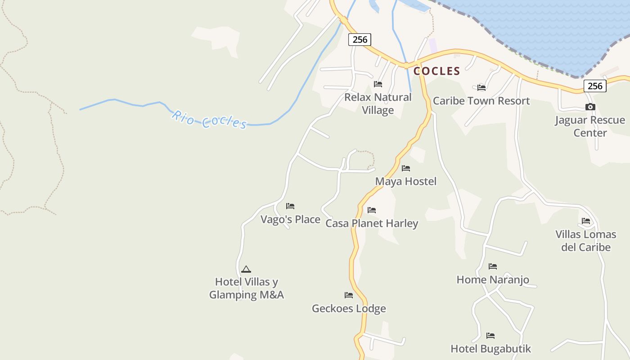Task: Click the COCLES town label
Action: (x=436, y=71)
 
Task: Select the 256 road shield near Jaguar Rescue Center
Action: (x=595, y=86)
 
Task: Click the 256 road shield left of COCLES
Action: (x=360, y=40)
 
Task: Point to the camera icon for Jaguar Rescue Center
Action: (x=590, y=107)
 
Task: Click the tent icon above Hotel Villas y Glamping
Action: (x=246, y=269)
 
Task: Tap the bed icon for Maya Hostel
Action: (x=406, y=168)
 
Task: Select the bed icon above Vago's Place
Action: (x=290, y=206)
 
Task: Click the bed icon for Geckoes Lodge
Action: (x=349, y=295)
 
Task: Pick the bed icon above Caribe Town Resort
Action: (x=481, y=87)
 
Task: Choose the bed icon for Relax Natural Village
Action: (x=378, y=84)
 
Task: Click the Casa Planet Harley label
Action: (x=372, y=223)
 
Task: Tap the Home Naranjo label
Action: (x=493, y=279)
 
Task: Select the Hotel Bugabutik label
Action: (x=490, y=349)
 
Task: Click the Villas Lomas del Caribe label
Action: (x=585, y=241)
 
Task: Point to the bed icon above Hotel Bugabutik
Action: (x=490, y=336)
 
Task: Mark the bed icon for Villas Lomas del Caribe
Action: (x=586, y=221)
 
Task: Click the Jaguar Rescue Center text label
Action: (x=589, y=126)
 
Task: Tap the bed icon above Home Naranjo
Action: (x=493, y=266)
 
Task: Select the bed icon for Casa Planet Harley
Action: (x=372, y=210)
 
